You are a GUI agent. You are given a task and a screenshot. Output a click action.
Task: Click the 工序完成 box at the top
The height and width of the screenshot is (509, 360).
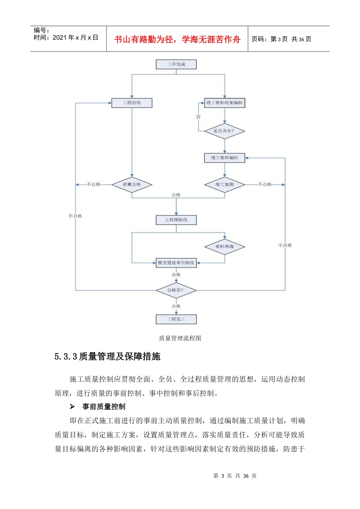(176, 64)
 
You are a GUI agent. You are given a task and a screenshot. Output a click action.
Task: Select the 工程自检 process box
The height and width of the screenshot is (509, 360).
(132, 103)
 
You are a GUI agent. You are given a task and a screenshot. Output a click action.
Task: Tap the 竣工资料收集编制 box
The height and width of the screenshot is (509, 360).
(225, 103)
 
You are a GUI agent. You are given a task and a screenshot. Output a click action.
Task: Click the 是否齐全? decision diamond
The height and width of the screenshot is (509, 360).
(224, 131)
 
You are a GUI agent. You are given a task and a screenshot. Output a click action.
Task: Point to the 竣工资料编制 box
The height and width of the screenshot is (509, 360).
(225, 158)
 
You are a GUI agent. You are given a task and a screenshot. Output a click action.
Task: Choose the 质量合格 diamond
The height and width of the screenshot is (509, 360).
(132, 185)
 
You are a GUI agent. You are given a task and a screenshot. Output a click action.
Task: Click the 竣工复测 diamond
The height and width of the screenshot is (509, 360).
(225, 185)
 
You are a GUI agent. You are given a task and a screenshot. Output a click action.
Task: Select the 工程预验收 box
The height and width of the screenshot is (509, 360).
(176, 220)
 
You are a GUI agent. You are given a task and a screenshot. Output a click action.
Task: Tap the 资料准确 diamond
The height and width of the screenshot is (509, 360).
(225, 247)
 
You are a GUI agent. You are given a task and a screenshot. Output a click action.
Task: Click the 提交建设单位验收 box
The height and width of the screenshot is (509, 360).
(176, 263)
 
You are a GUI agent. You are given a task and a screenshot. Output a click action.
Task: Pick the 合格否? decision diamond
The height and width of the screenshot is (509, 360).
(176, 290)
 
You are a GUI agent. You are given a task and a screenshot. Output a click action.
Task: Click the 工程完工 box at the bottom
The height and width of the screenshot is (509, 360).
(176, 319)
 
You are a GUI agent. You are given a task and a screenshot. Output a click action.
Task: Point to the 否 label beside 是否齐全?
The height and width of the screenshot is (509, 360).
(198, 117)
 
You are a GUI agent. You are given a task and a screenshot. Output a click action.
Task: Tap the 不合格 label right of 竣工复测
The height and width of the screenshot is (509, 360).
(265, 185)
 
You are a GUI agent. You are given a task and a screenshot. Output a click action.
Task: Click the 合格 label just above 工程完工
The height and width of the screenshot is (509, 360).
(176, 306)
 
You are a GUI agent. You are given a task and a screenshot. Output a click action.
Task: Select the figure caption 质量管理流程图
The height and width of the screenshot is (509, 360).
(180, 338)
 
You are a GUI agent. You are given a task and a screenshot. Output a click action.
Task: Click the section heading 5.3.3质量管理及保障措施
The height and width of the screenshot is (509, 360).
(108, 357)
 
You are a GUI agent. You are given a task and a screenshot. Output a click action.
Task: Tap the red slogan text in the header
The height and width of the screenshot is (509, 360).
(177, 39)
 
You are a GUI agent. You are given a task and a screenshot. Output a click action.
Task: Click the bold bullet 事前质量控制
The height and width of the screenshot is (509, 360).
(103, 407)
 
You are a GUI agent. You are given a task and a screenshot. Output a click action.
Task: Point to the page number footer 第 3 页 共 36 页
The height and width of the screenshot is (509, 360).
(235, 476)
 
